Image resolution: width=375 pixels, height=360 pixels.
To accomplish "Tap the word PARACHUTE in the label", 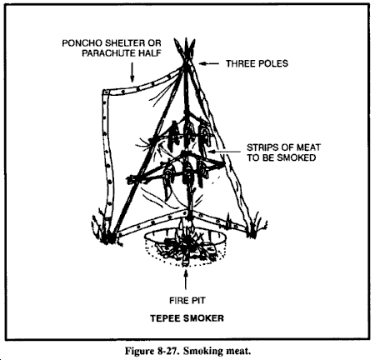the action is point(107,53).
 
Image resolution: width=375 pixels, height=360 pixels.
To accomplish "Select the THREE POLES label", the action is point(257,63).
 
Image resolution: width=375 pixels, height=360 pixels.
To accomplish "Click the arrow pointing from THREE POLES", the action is point(209,63).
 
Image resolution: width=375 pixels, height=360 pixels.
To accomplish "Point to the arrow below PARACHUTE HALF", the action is point(132,72).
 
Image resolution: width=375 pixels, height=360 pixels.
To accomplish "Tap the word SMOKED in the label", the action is point(295,157).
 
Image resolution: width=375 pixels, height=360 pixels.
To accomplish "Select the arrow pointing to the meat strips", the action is point(225,152).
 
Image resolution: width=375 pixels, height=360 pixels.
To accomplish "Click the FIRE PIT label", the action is point(187,301).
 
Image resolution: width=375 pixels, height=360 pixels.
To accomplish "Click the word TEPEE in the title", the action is point(163,318).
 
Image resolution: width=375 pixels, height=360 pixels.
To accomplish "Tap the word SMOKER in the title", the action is point(202,318).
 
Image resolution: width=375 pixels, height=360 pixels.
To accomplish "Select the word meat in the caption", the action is point(238,351).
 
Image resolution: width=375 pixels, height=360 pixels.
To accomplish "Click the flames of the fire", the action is point(185,230).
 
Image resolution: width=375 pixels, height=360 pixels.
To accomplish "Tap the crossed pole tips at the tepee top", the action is point(185,50).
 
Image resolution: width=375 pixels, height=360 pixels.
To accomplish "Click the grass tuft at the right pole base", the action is point(255,227).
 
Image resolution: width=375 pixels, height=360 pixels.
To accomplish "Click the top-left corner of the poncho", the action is point(104,91).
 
